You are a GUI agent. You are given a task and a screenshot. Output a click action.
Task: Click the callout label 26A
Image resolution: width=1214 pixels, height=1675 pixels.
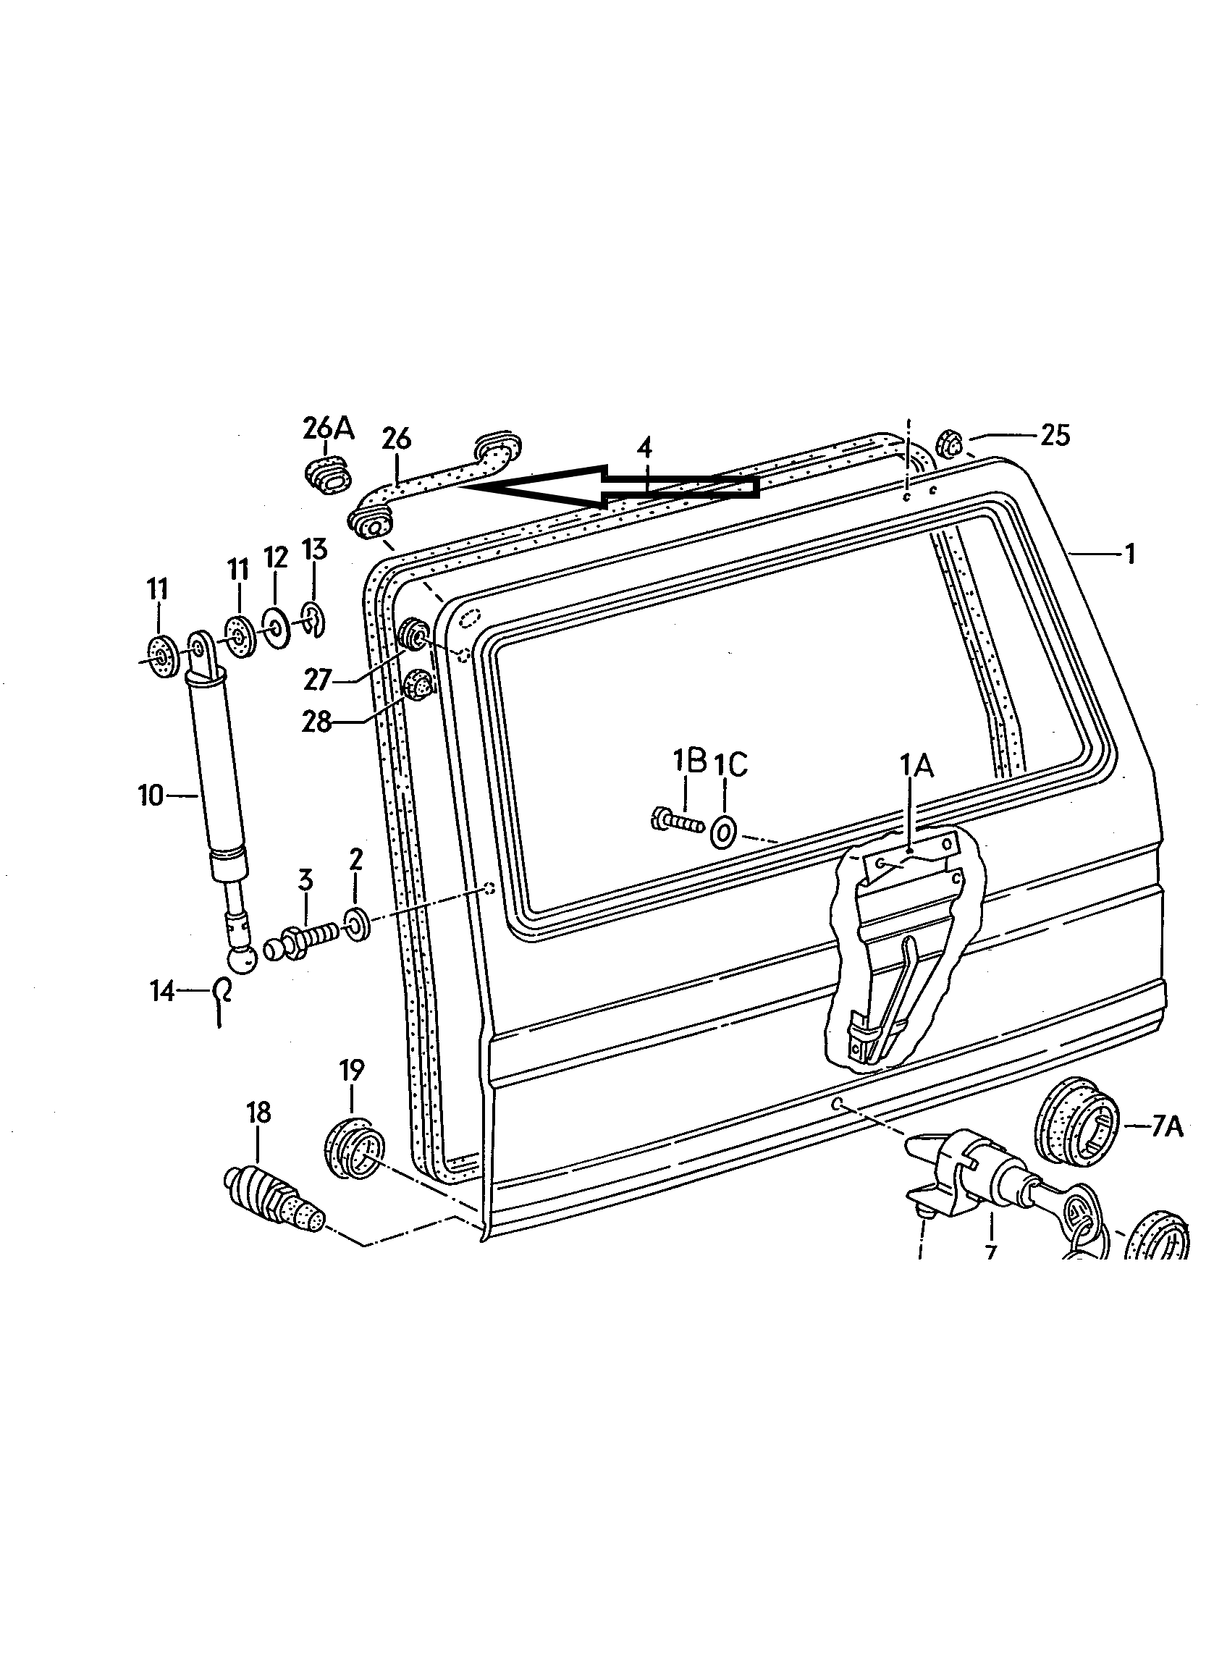[x=329, y=429]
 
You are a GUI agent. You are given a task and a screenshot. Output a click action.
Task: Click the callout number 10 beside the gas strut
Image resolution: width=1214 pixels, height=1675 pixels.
[x=150, y=796]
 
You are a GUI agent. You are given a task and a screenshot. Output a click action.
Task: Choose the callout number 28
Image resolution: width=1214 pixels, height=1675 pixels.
[x=316, y=722]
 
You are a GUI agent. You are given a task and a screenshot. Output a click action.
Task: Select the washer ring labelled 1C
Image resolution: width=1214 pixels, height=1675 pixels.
[x=724, y=832]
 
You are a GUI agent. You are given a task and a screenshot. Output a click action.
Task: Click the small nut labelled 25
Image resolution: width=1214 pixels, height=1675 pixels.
[x=950, y=444]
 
